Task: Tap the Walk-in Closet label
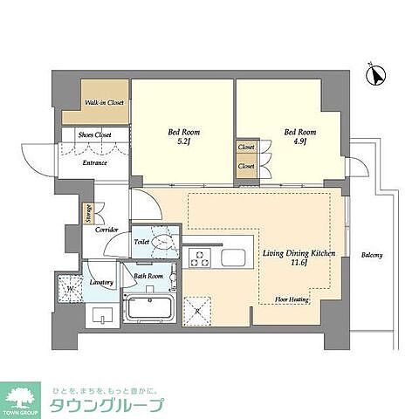pyautogui.click(x=104, y=103)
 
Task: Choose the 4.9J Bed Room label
pyautogui.click(x=297, y=138)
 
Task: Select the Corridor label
pyautogui.click(x=106, y=230)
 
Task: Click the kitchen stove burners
pyautogui.click(x=200, y=258)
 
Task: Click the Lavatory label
pyautogui.click(x=101, y=283)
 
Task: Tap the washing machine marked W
pyautogui.click(x=69, y=287)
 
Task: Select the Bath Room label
pyautogui.click(x=148, y=277)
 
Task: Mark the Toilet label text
pyautogui.click(x=141, y=241)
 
